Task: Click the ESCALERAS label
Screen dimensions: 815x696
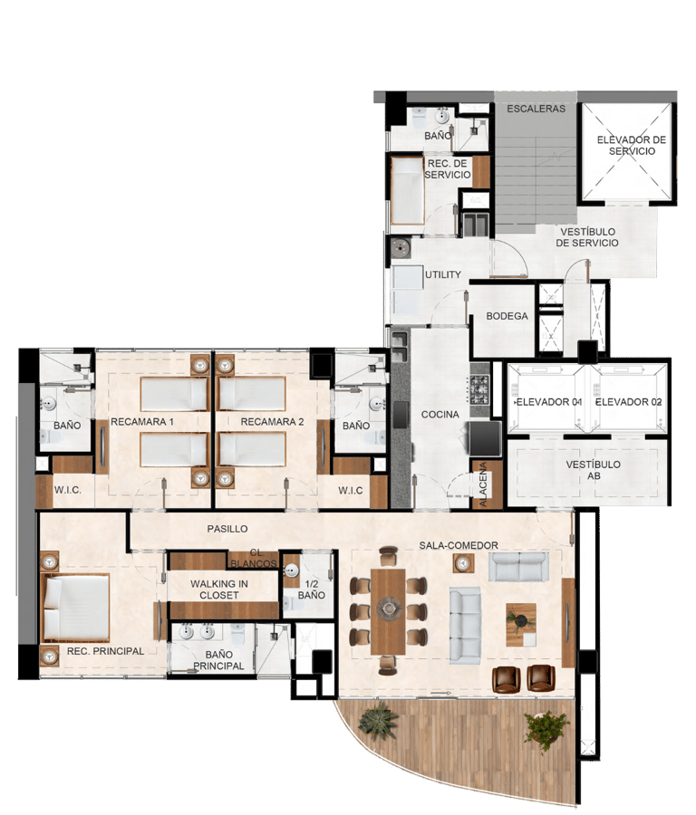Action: click(536, 109)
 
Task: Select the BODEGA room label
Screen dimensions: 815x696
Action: click(507, 316)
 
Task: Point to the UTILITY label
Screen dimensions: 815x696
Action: click(443, 274)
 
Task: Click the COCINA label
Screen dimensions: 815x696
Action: click(440, 415)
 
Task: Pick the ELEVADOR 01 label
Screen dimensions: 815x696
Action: click(548, 401)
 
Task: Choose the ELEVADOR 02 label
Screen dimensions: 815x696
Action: click(628, 401)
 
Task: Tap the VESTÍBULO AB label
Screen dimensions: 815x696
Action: click(594, 470)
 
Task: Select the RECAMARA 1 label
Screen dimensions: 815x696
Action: click(142, 422)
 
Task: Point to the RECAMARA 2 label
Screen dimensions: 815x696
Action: click(272, 422)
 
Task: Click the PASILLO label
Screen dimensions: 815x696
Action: click(227, 529)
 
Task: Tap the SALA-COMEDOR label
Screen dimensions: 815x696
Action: click(459, 545)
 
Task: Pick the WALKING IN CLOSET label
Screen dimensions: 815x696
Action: click(214, 590)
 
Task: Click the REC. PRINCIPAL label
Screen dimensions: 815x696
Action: click(106, 651)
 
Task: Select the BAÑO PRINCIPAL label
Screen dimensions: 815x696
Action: click(218, 660)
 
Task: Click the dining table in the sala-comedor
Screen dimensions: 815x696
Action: click(388, 609)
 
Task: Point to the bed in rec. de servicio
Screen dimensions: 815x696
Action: click(407, 191)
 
